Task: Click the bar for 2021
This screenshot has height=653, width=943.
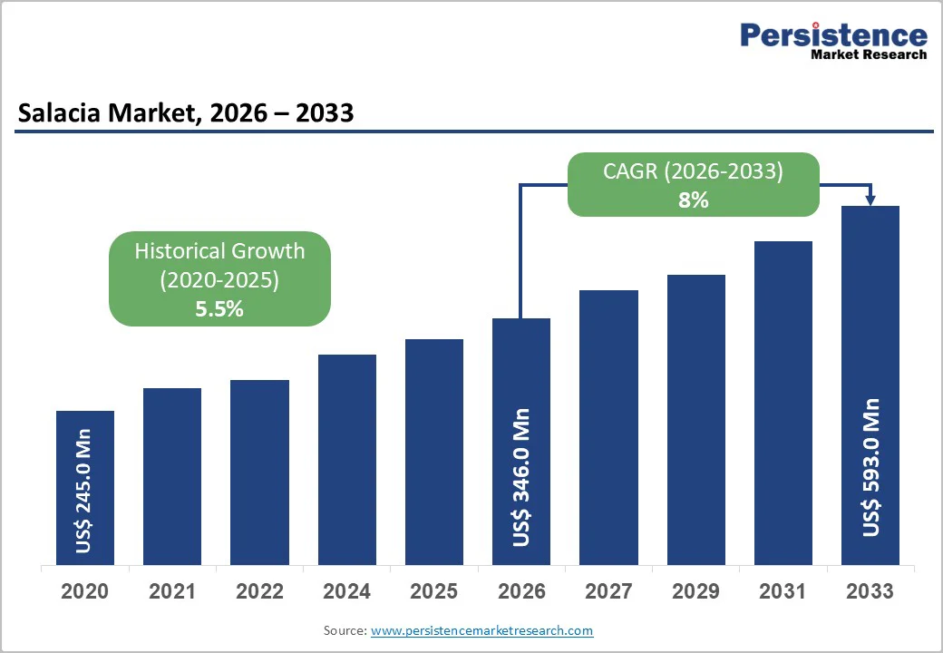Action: [x=172, y=476]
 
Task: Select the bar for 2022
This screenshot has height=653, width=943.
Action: [x=259, y=472]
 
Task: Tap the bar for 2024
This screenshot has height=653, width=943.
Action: [x=347, y=459]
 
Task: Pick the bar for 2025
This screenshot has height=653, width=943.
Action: [x=434, y=452]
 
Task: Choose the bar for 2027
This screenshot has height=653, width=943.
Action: [x=608, y=427]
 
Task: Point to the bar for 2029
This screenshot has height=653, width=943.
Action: [x=696, y=419]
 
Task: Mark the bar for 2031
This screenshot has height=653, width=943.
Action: [x=783, y=403]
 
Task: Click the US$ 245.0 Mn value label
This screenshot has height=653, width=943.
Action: [x=85, y=498]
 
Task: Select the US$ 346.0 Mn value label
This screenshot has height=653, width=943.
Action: [x=521, y=477]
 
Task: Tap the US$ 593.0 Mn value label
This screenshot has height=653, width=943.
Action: [x=870, y=466]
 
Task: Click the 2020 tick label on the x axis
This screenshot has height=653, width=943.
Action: [x=85, y=591]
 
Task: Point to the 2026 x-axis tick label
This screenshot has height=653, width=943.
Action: [x=521, y=591]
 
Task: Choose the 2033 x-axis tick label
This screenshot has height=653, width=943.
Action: [x=870, y=591]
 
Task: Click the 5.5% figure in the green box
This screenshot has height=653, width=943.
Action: [x=219, y=308]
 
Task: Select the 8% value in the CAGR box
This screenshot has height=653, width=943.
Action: [x=694, y=200]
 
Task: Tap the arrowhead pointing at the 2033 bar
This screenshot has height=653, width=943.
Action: [x=870, y=200]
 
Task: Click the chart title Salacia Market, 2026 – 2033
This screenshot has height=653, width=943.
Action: [x=185, y=113]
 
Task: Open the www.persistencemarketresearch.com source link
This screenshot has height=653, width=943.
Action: [x=481, y=630]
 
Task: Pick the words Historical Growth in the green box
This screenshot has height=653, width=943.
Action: [x=219, y=251]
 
